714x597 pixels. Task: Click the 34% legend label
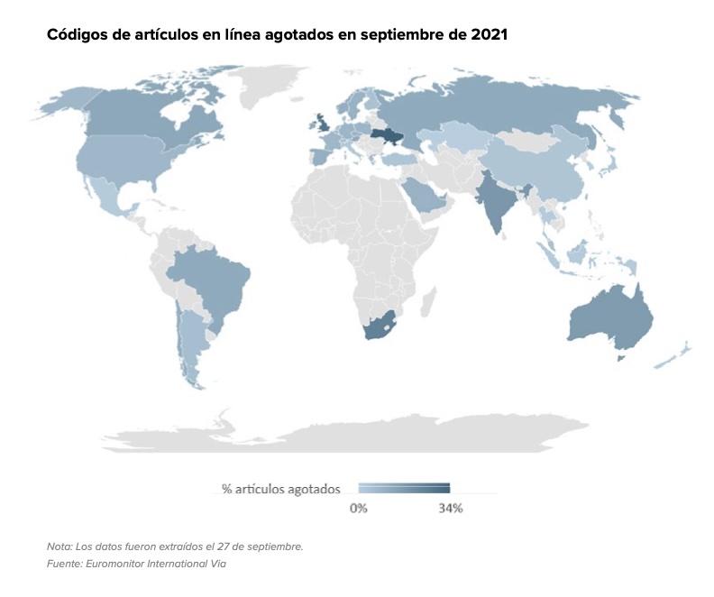[450, 509]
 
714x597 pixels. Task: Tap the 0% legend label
[358, 509]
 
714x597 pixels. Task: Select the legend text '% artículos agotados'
[280, 489]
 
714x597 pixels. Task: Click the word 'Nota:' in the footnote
[60, 546]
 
